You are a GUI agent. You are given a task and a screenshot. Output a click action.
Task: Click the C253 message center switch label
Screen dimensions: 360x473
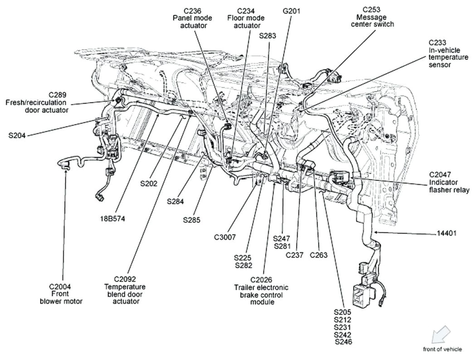[x=372, y=17]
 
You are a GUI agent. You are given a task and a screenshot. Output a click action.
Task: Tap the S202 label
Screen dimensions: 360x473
[x=148, y=184]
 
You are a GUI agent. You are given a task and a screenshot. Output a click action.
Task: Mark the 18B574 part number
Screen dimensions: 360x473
[x=112, y=219]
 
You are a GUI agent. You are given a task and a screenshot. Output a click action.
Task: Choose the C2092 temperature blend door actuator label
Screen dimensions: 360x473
[x=125, y=290]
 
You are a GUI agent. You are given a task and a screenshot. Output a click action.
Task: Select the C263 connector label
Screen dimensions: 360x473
[x=318, y=255]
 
